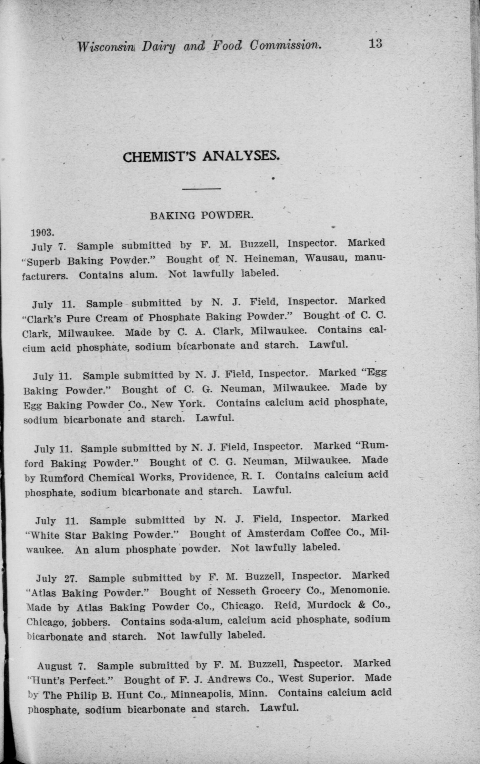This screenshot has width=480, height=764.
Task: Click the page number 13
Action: coord(375,44)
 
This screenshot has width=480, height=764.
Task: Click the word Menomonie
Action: coord(360,590)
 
